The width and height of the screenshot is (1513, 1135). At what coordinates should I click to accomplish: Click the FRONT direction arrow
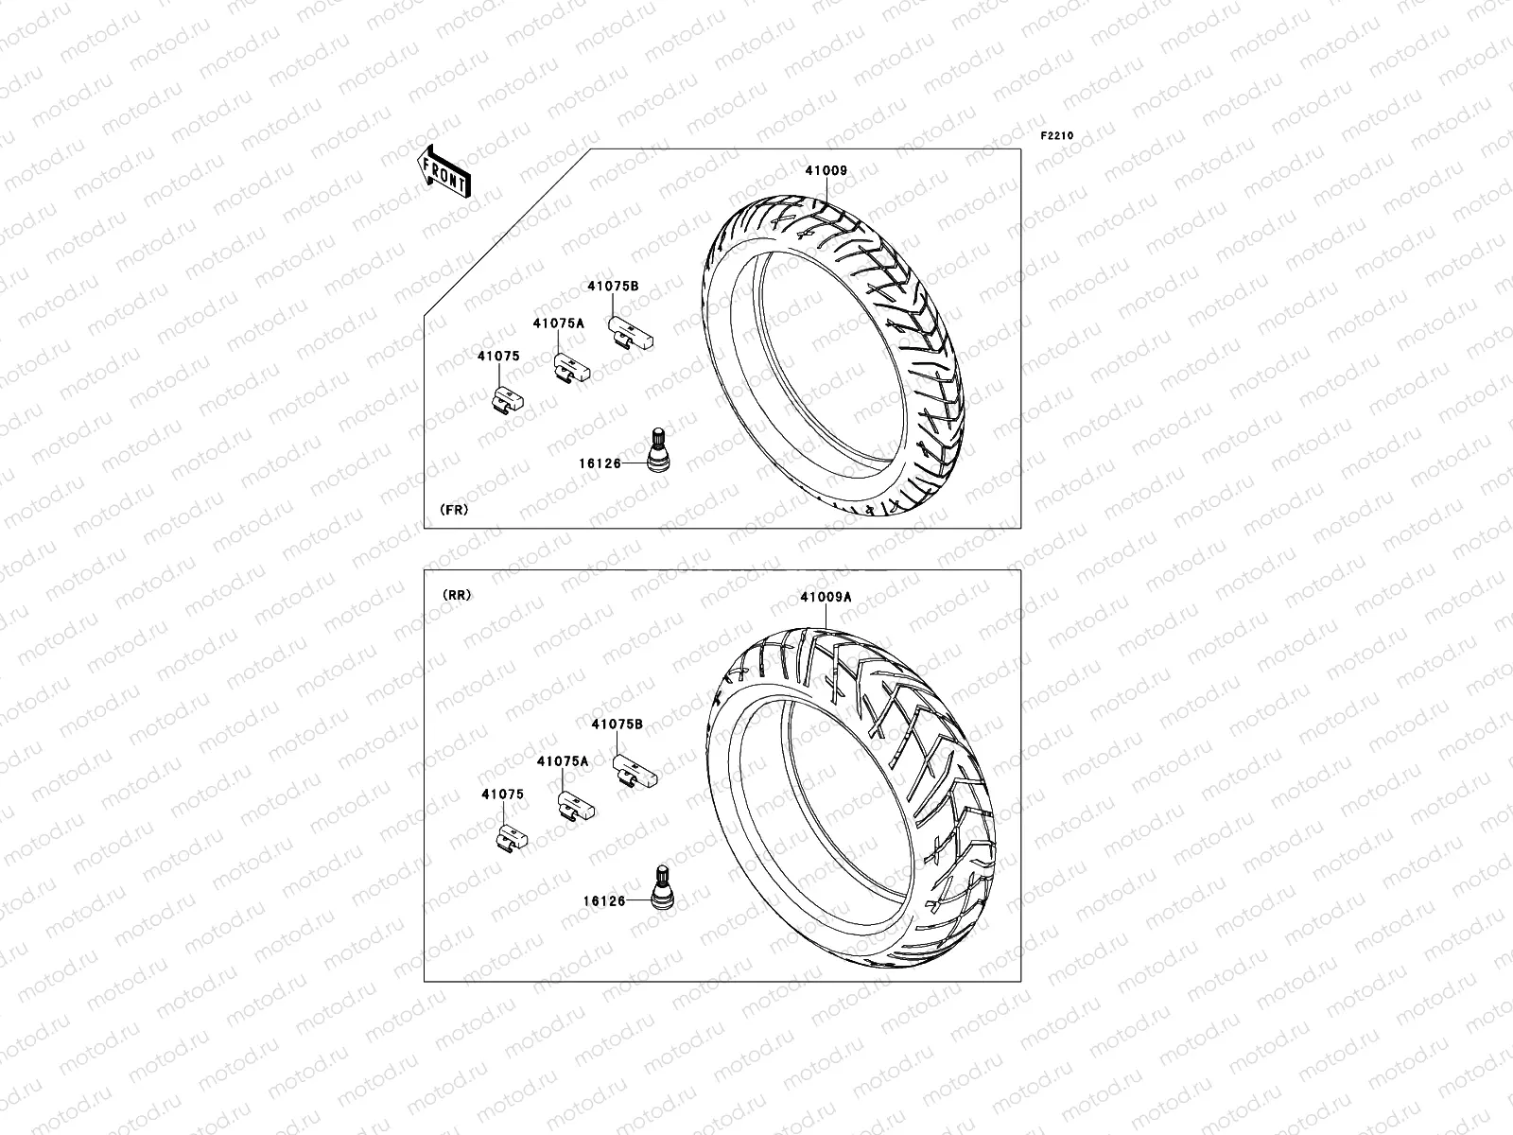coord(445,171)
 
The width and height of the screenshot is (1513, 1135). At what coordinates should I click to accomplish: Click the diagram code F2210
coord(1057,136)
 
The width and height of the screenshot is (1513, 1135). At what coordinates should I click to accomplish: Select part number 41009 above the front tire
coord(826,172)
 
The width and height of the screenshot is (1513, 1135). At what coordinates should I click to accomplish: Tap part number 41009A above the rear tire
coord(826,597)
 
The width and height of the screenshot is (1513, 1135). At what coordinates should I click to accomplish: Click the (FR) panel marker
coord(454,509)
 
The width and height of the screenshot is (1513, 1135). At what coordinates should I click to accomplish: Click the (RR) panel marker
coord(455,595)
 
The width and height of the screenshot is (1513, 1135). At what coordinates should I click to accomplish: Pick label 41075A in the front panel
coord(558,323)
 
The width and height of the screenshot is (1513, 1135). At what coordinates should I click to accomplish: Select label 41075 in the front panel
coord(497,357)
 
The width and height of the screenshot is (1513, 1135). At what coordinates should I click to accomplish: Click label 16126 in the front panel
coord(600,463)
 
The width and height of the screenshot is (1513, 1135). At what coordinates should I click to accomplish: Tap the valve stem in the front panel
coord(655,448)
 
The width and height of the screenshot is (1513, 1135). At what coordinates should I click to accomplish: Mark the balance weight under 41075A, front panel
coord(572,367)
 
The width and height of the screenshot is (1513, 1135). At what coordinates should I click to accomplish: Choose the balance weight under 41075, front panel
coord(509,401)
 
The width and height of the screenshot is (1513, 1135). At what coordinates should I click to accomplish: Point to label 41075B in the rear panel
coord(617,724)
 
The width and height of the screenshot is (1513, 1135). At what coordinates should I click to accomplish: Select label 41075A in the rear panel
coord(563,760)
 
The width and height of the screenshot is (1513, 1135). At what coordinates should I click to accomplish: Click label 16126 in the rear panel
coord(603,901)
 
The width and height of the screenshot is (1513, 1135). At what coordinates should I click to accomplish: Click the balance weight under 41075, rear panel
coord(512,837)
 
